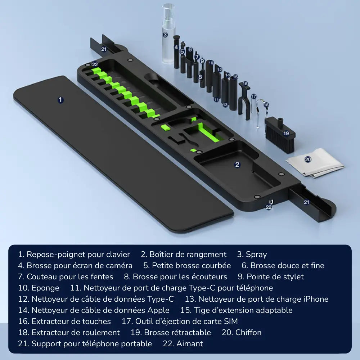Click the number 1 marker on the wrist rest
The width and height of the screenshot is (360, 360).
click(60, 100)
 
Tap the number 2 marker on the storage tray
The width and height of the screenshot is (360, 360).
click(237, 165)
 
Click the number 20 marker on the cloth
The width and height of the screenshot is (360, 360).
click(308, 159)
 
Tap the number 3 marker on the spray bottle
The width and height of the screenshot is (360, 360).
click(165, 35)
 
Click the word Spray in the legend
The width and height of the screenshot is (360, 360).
click(256, 255)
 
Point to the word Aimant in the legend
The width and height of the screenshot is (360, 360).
click(190, 344)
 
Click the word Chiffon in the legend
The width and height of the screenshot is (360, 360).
click(248, 333)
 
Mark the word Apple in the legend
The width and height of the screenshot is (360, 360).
click(158, 310)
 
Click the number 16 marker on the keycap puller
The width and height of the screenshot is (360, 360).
click(245, 84)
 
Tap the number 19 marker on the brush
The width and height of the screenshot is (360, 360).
click(286, 133)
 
